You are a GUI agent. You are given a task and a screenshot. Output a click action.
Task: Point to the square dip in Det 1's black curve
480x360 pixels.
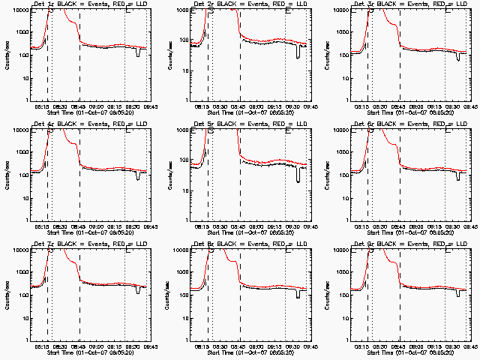pos(138,52)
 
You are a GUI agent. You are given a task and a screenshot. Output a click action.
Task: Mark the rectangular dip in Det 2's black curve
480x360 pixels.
pos(298,53)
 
